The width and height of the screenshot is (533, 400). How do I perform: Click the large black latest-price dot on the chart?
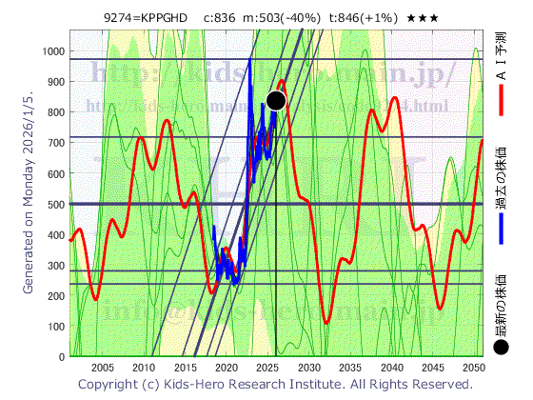click(x=277, y=101)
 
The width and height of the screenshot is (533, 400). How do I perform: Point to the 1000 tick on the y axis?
click(x=53, y=50)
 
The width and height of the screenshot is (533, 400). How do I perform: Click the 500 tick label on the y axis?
click(x=56, y=204)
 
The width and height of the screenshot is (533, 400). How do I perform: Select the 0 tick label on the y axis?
click(x=63, y=357)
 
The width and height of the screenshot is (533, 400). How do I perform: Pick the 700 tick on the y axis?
click(x=56, y=143)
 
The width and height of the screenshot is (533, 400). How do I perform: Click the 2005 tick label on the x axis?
click(x=102, y=368)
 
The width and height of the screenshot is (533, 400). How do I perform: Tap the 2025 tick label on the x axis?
click(x=267, y=368)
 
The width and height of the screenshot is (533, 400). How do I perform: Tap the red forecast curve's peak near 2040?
click(x=394, y=98)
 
